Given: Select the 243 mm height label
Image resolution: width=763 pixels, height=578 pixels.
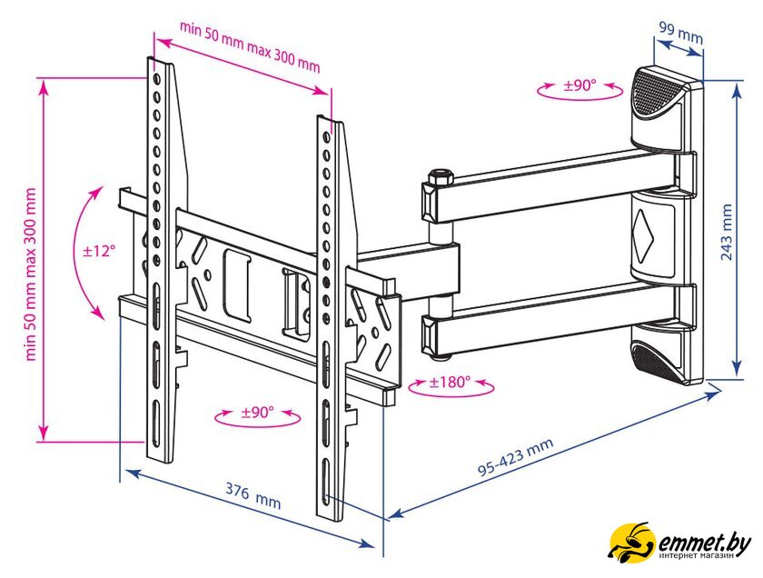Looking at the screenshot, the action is (x=727, y=232).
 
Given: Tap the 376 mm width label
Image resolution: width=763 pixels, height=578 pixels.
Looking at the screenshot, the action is (x=253, y=494).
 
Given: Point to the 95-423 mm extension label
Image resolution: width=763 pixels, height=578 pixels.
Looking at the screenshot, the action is (x=515, y=456).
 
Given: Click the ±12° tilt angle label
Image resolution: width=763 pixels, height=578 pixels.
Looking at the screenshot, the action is (x=99, y=251).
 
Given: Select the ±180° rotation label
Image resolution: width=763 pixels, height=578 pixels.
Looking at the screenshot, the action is (x=450, y=382).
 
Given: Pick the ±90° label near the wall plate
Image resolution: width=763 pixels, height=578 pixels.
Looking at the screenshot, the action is (x=580, y=85).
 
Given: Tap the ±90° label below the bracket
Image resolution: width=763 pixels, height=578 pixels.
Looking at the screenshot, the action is (x=257, y=413).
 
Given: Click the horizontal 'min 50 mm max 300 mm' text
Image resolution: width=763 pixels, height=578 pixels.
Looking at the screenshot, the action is (x=250, y=46).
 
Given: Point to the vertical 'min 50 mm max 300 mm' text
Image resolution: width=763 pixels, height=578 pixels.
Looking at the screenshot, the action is (x=31, y=274).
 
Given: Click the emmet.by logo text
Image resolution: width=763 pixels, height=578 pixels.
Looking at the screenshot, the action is (x=704, y=541).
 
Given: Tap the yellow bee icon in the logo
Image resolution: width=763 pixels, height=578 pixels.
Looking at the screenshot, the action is (x=631, y=541).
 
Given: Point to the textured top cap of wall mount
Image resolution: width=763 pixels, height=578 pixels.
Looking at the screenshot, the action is (x=657, y=94).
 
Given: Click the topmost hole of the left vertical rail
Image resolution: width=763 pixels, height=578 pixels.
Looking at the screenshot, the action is (x=156, y=78).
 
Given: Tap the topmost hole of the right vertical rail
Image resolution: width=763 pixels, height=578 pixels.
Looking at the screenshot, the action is (x=326, y=138).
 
